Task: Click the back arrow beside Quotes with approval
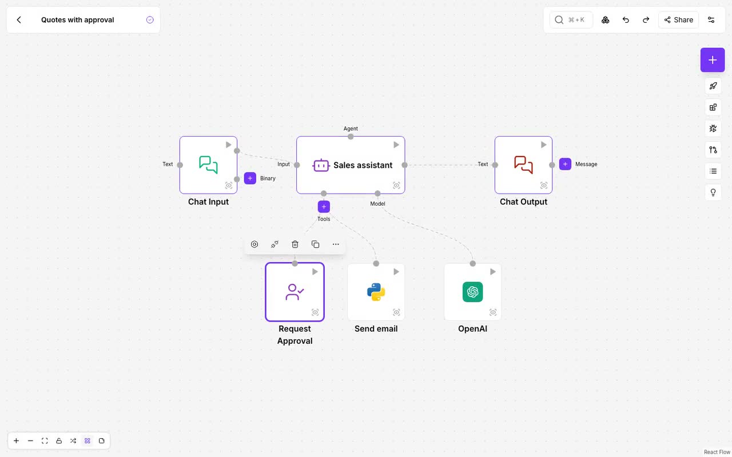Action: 19,20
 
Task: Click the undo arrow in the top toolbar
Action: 626,20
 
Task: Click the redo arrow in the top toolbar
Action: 646,20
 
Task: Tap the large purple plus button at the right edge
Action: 713,60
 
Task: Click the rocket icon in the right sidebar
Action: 713,86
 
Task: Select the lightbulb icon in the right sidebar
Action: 713,193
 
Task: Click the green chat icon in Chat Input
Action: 208,165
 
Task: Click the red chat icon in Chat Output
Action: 523,165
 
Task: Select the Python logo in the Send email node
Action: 376,292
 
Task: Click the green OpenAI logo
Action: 472,292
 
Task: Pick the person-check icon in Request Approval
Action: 295,292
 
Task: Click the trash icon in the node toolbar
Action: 295,244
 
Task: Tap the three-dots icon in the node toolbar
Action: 336,244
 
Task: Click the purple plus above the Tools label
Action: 324,207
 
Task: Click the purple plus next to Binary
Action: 250,178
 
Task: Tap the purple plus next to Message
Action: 565,164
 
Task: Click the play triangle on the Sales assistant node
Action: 396,145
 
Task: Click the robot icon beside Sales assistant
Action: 321,165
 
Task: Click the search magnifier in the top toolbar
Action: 559,20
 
